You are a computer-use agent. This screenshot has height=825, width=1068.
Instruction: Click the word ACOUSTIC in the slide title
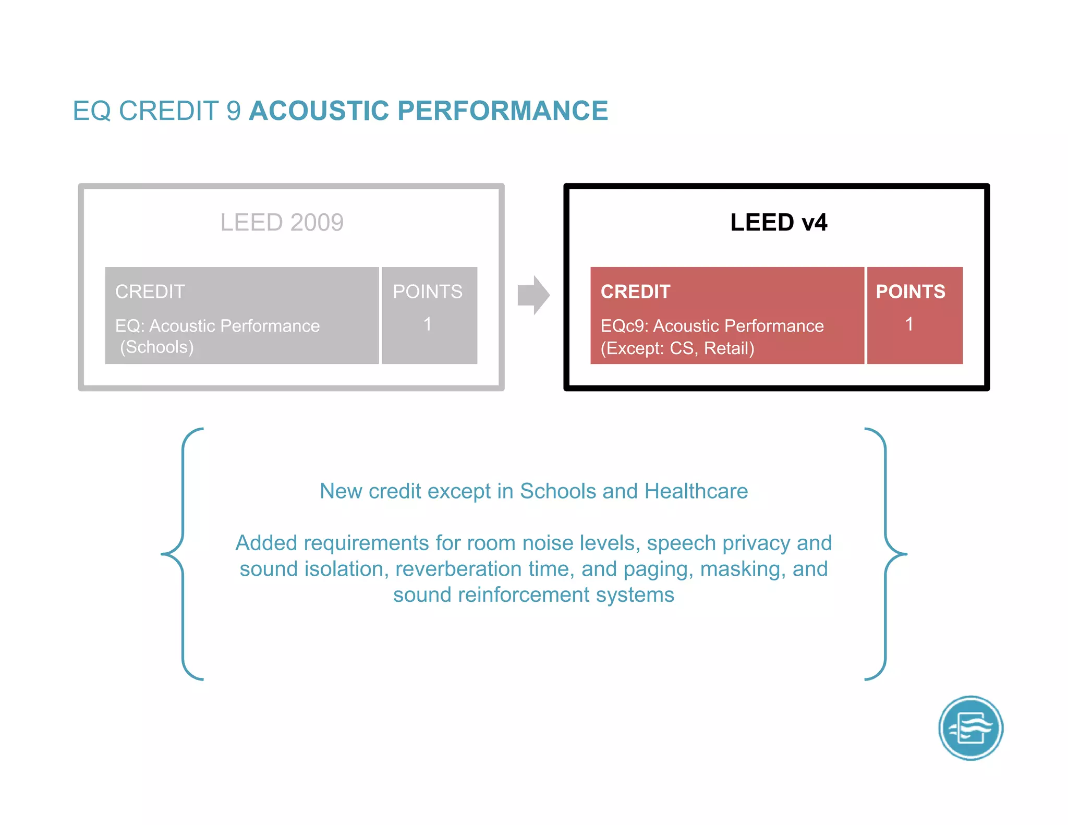(319, 111)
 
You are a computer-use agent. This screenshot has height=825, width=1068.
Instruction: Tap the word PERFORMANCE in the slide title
(503, 111)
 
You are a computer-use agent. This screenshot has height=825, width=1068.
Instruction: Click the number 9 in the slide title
(234, 111)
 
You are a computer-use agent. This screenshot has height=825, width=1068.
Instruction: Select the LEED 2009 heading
(282, 223)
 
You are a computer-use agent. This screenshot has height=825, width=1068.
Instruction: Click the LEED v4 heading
(778, 223)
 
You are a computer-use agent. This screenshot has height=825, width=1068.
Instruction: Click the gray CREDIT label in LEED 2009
(150, 292)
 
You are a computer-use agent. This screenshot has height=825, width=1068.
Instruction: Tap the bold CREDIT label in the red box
(635, 292)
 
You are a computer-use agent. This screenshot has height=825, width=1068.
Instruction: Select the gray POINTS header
(428, 292)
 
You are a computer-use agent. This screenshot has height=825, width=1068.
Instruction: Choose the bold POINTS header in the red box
(910, 292)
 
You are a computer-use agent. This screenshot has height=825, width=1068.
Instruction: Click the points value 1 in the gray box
(428, 324)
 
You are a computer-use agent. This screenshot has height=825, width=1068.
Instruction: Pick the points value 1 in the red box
(909, 324)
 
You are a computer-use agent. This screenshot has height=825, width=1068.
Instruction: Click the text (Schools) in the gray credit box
(157, 347)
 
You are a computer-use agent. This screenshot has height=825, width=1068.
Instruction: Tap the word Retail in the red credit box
(729, 348)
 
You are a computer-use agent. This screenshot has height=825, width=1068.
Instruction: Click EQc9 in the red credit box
(624, 326)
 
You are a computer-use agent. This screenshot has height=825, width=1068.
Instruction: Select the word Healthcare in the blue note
(696, 491)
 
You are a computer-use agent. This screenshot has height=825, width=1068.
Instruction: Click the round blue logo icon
(970, 728)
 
